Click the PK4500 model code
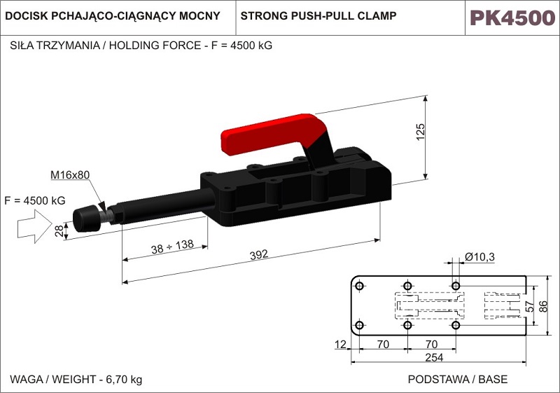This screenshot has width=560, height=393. coord(512,18)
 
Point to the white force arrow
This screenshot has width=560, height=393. coord(34,226)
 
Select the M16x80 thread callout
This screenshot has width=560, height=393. coord(70,174)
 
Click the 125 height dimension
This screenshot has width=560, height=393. coord(421,132)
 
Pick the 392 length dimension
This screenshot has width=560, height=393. coord(258,255)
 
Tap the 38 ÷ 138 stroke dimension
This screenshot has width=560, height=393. coord(172,247)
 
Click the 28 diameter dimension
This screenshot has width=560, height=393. coord(59,230)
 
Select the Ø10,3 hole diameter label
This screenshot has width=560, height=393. coord(479,256)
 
